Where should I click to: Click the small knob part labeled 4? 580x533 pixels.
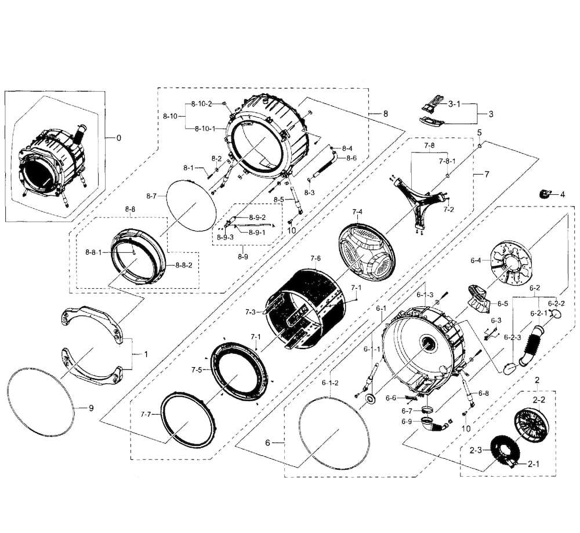(546, 193)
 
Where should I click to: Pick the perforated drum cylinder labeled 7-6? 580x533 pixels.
(302, 307)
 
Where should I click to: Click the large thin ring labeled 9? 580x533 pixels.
(41, 400)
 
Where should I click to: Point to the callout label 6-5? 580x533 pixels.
(502, 303)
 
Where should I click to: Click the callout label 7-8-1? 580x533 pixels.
(447, 161)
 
